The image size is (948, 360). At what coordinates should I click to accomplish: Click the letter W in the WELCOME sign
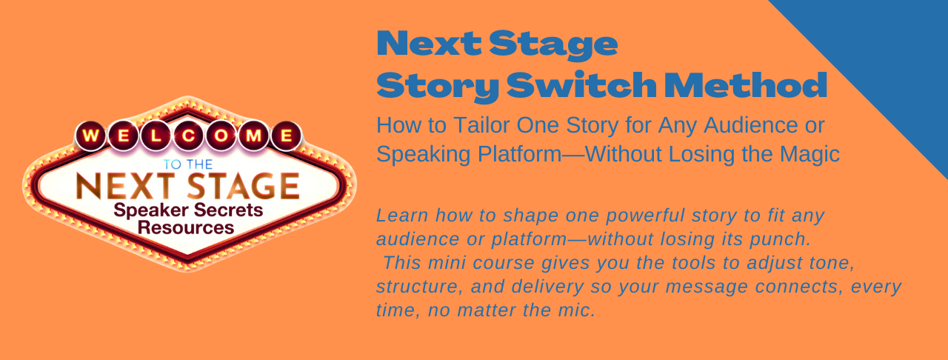(x=91, y=136)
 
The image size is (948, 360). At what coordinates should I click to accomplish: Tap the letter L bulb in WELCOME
(x=156, y=136)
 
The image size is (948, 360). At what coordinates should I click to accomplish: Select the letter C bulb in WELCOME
(x=188, y=136)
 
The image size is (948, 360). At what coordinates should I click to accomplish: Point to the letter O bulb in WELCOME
(x=221, y=136)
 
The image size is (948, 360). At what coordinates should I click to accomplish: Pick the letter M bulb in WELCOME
(x=253, y=136)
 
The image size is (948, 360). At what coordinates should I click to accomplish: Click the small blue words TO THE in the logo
(x=188, y=164)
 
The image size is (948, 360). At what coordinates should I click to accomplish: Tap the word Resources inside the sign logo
(x=186, y=228)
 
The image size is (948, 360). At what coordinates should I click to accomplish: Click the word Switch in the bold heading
(x=581, y=85)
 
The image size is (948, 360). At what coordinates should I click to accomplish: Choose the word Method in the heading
(x=746, y=85)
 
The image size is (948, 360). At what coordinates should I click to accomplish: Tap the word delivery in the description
(x=548, y=287)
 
